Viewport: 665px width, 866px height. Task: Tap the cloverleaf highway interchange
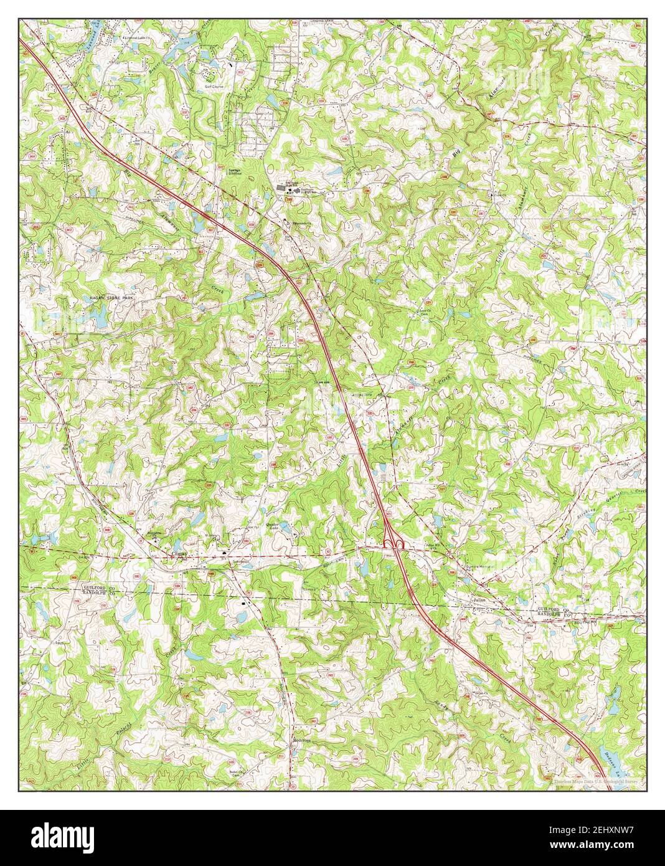(x=393, y=544)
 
